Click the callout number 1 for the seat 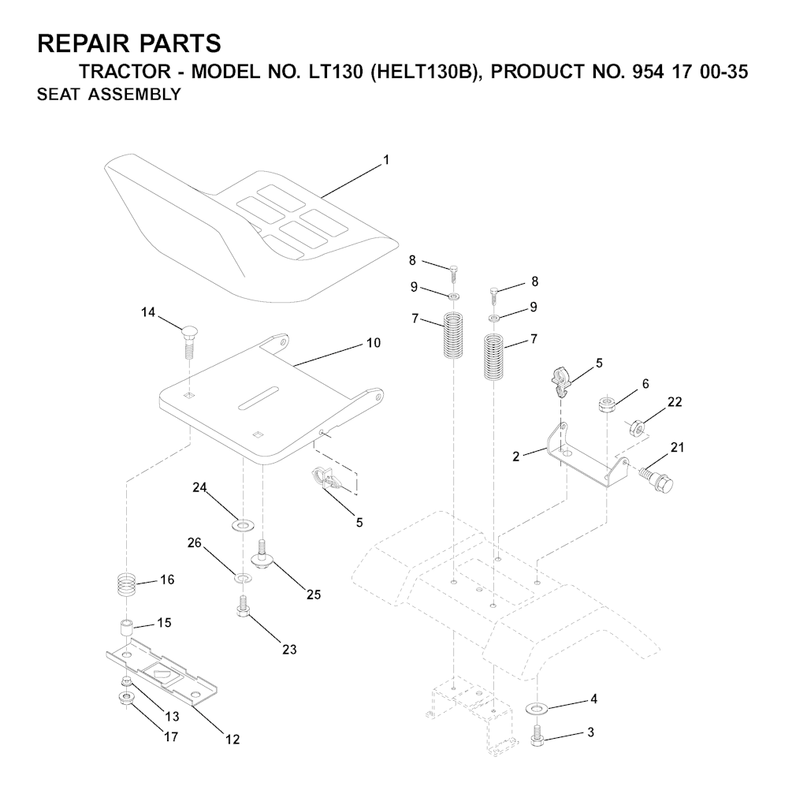pyautogui.click(x=386, y=160)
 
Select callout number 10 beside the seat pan pyautogui.click(x=374, y=342)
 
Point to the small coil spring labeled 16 pyautogui.click(x=126, y=584)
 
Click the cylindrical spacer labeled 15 pyautogui.click(x=126, y=629)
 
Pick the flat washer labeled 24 pyautogui.click(x=240, y=526)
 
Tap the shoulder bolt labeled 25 pyautogui.click(x=262, y=553)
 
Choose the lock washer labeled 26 pyautogui.click(x=243, y=577)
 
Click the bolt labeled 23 pyautogui.click(x=243, y=606)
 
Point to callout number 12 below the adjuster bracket pyautogui.click(x=232, y=739)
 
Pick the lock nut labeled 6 pyautogui.click(x=607, y=404)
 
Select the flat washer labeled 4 pyautogui.click(x=537, y=709)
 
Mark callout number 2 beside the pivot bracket pyautogui.click(x=516, y=457)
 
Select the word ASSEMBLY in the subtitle pyautogui.click(x=134, y=95)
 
